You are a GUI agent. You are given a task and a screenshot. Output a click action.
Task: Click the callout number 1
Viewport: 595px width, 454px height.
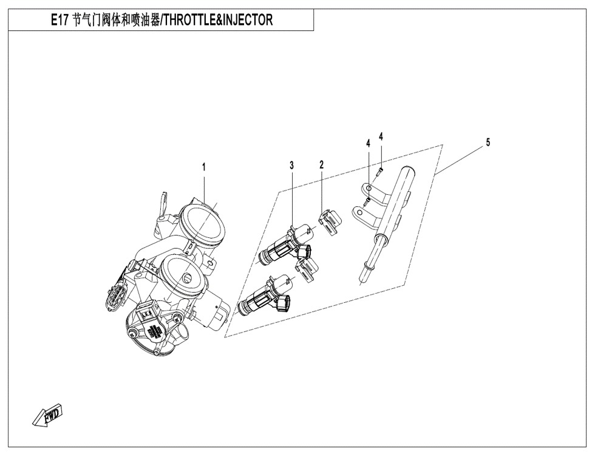point(204,166)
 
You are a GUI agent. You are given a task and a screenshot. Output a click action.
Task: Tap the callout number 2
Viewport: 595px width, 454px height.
point(321,164)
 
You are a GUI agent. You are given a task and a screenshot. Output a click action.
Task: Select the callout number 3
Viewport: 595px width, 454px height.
point(292,165)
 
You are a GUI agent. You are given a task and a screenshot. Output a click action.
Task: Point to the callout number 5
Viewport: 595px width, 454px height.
point(488,142)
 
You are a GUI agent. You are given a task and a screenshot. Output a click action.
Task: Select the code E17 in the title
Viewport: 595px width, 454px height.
point(59,19)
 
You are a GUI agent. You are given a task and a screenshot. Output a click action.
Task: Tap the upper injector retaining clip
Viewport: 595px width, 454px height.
point(329,223)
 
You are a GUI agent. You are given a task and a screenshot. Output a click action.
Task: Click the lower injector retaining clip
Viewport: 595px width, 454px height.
point(307,269)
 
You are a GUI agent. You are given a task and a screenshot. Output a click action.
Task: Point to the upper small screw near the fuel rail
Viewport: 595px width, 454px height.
point(380,171)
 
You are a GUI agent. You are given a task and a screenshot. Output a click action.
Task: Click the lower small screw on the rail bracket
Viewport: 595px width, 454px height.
point(367,201)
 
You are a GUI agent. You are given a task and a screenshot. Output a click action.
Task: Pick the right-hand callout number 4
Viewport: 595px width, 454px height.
point(381,137)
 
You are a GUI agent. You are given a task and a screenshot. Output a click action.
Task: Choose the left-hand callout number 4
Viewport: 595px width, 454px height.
point(368,143)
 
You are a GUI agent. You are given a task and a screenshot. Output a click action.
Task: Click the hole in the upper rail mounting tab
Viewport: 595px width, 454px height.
point(369,188)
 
